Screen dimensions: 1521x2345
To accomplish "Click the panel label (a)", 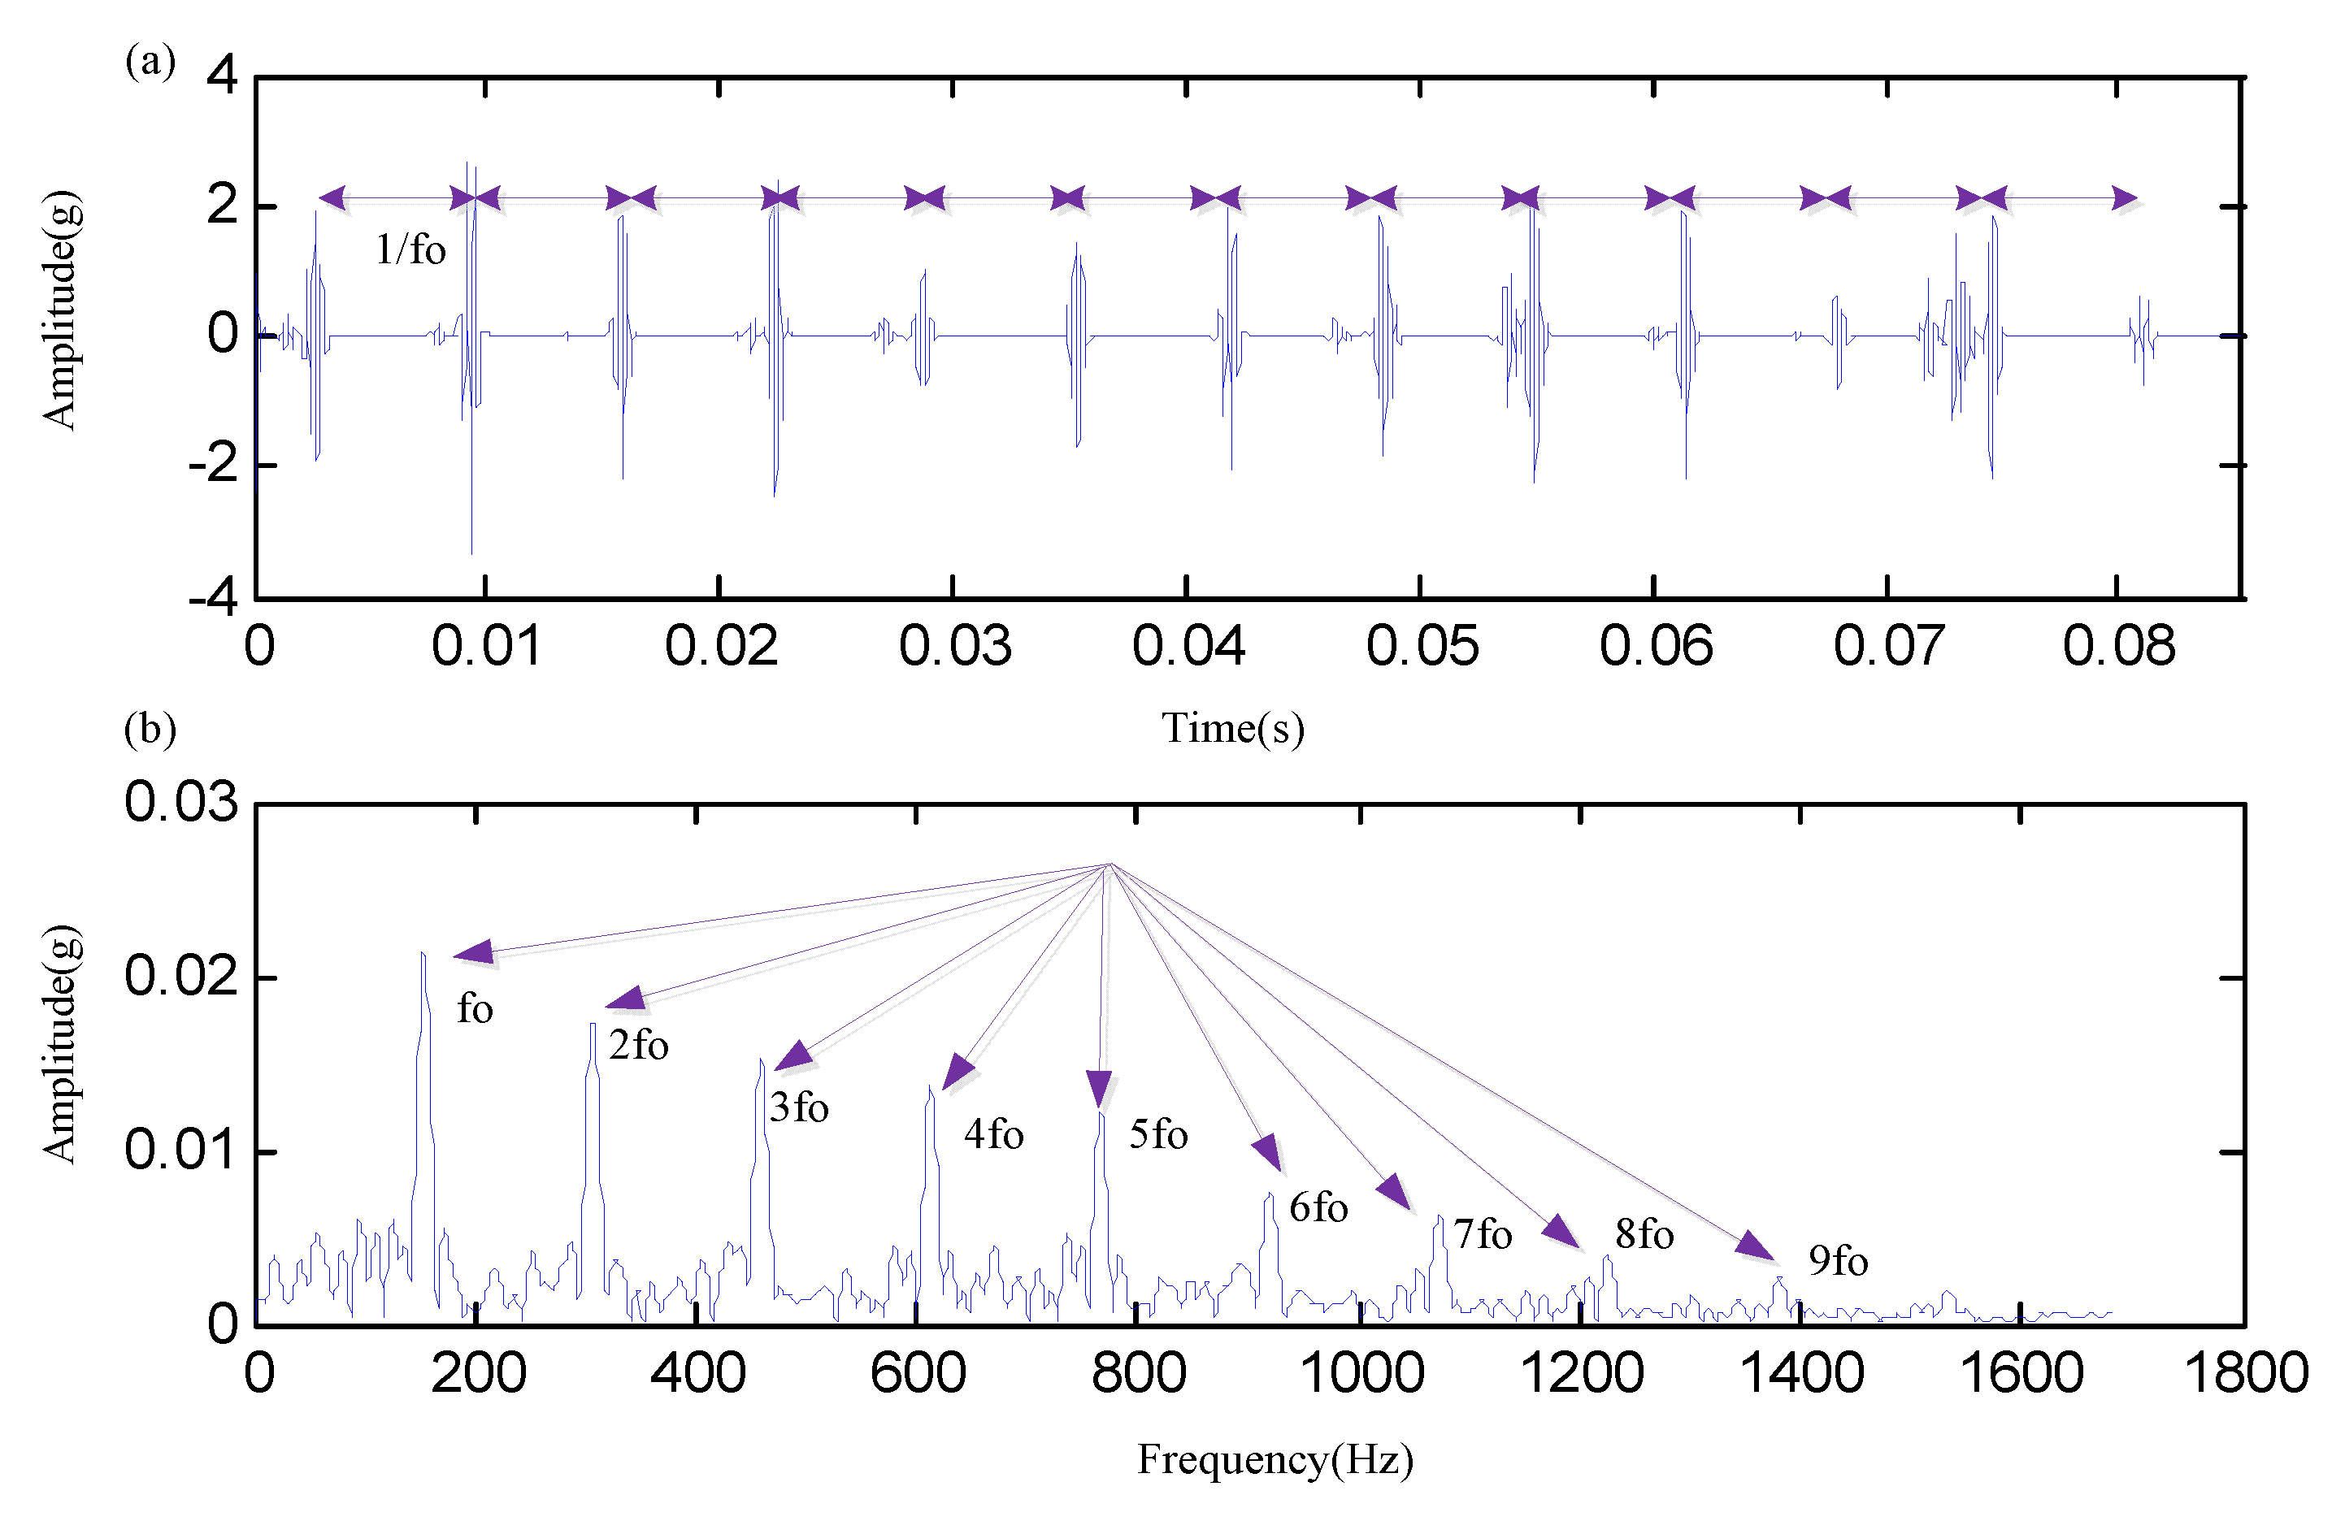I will tap(150, 61).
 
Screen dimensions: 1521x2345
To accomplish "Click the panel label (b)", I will tap(150, 729).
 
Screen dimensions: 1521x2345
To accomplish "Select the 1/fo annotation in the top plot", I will tap(410, 250).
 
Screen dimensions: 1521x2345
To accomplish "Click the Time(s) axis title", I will tap(1232, 729).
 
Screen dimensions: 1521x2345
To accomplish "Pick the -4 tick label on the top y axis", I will tap(214, 598).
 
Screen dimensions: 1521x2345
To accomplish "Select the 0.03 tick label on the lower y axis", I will tap(181, 802).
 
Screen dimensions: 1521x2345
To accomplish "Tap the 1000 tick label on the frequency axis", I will tap(1361, 1373).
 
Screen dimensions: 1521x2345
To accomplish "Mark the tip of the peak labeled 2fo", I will tap(593, 1025).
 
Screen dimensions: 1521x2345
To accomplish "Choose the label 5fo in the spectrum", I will tap(1157, 1135).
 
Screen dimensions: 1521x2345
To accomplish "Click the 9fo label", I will tap(1838, 1261).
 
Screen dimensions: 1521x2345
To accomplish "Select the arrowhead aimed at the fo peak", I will tap(474, 951).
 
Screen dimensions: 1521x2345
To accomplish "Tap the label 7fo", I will tap(1482, 1234).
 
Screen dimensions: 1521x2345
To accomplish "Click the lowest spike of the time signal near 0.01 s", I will tap(471, 552).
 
